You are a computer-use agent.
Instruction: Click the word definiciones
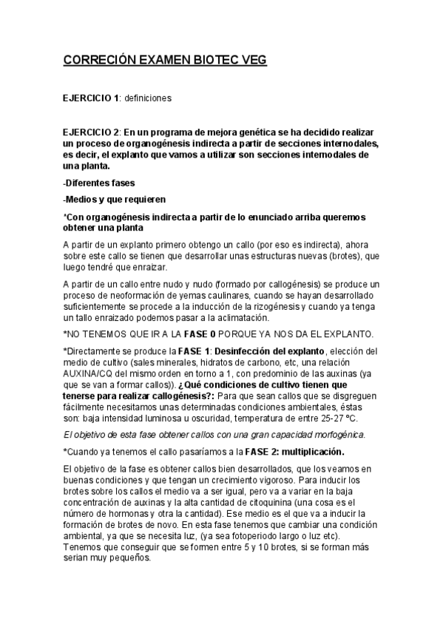coord(148,98)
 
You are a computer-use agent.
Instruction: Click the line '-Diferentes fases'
coord(100,182)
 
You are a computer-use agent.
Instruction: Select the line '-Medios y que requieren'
coord(115,199)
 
